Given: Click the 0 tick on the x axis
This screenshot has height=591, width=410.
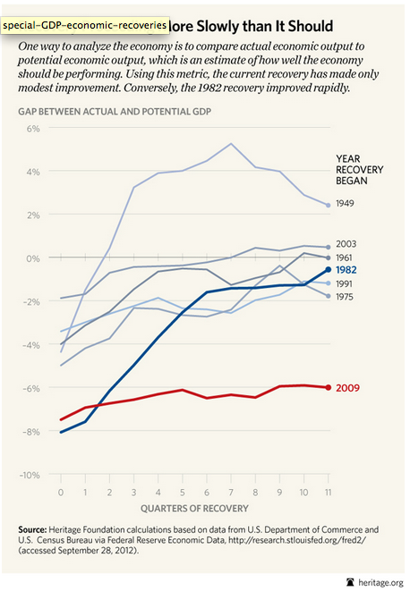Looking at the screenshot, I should (60, 494).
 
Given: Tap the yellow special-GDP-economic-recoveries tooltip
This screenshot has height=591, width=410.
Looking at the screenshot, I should (85, 27).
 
